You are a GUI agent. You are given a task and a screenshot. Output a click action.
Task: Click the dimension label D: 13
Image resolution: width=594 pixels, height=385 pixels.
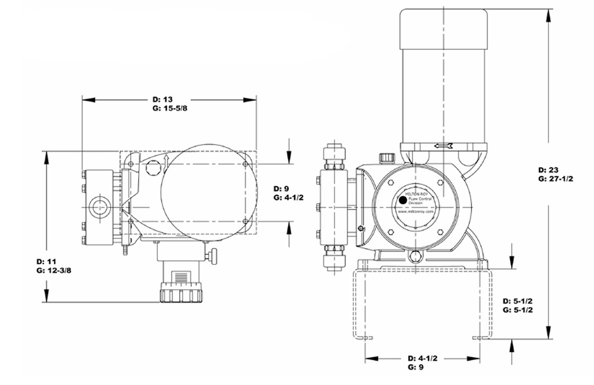[x=162, y=99]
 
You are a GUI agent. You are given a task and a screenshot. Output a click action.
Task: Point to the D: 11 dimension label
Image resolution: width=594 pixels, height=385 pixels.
[x=46, y=261]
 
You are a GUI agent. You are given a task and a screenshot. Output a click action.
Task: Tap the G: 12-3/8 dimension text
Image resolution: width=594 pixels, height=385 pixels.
[x=54, y=271]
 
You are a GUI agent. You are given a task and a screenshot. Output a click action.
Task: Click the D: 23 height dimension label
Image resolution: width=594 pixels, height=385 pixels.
[x=548, y=170]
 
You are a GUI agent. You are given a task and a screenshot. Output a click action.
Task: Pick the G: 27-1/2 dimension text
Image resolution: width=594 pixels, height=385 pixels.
[x=556, y=179]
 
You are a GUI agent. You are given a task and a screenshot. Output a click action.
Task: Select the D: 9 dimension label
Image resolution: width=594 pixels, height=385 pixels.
[x=281, y=189]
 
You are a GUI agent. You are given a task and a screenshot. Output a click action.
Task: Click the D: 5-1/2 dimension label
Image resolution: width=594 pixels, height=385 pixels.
[x=518, y=301]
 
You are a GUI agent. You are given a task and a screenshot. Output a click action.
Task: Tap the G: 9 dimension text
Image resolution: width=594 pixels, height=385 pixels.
[x=415, y=367]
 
